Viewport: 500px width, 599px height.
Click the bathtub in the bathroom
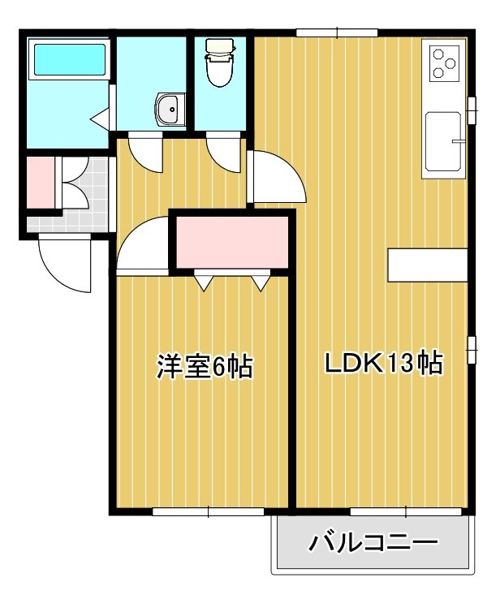70,59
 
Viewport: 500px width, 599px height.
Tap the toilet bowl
219,71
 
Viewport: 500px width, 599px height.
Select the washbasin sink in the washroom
170,110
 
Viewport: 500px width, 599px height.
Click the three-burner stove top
444,63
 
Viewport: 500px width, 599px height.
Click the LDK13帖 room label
383,363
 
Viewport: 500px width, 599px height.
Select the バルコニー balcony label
373,542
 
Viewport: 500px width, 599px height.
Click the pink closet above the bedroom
231,242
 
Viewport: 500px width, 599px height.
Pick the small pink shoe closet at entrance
41,183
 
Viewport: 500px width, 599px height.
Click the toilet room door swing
224,153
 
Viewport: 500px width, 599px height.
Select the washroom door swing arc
145,153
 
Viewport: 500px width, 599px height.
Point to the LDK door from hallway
276,176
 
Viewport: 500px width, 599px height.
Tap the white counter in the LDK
428,265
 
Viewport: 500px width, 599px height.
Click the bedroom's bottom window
208,511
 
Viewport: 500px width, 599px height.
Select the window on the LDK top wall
337,32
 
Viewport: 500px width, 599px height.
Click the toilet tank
219,46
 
